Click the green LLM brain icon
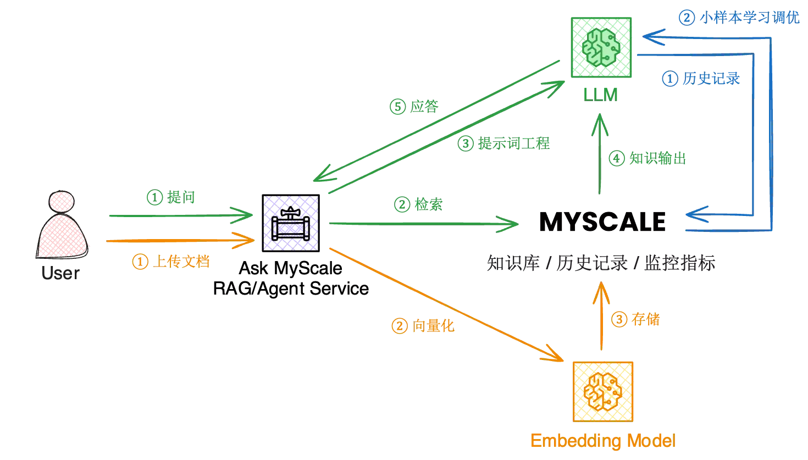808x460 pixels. click(x=601, y=47)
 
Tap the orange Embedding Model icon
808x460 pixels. click(x=603, y=391)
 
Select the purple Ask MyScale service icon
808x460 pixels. click(x=291, y=223)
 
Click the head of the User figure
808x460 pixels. click(x=62, y=201)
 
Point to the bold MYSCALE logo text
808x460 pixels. click(x=602, y=221)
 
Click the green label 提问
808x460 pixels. click(x=181, y=197)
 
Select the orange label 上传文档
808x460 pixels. click(x=181, y=261)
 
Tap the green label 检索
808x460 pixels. click(x=429, y=204)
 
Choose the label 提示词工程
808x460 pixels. click(x=513, y=143)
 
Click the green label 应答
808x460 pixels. click(x=424, y=107)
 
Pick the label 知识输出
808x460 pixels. click(x=657, y=158)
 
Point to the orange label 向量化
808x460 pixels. click(x=433, y=326)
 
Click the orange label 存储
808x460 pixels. click(x=645, y=319)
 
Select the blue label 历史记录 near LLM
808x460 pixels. click(x=711, y=78)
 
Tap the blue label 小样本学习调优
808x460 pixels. click(x=750, y=18)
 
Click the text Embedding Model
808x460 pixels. click(x=603, y=441)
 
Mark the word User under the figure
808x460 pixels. click(x=60, y=273)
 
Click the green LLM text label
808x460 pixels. click(x=601, y=95)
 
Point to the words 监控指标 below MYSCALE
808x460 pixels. click(x=679, y=263)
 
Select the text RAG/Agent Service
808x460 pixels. click(x=291, y=289)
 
